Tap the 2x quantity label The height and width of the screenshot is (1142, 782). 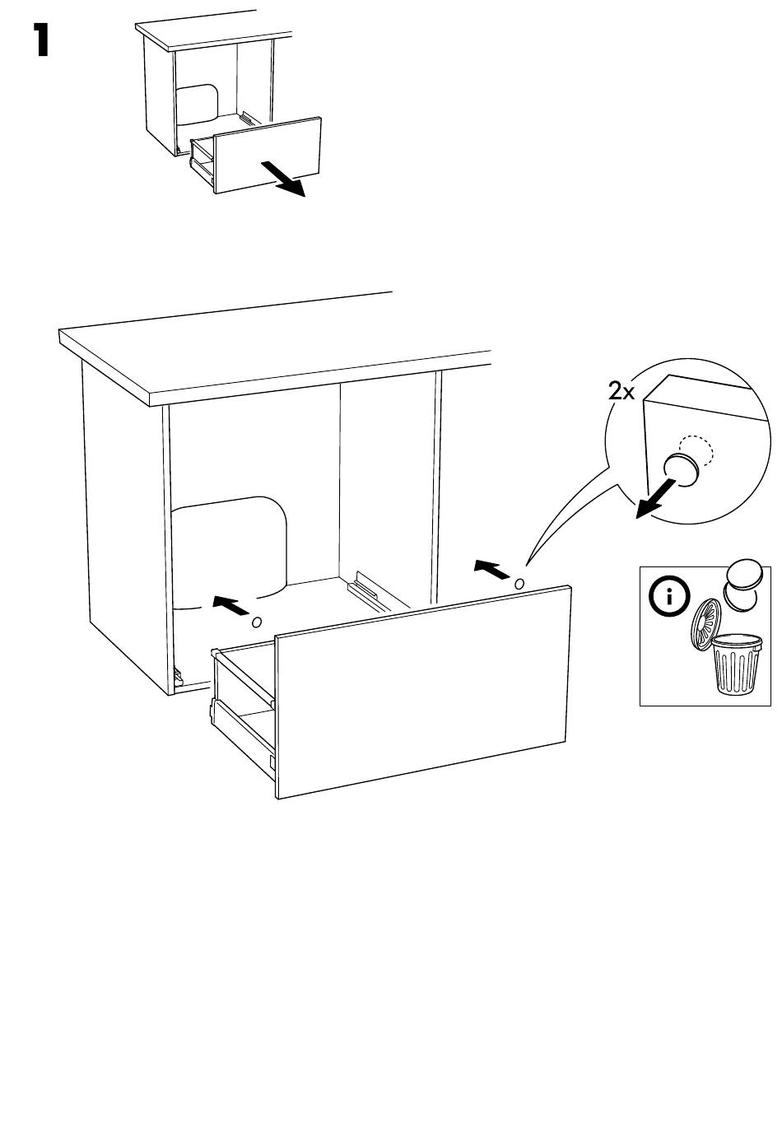(621, 391)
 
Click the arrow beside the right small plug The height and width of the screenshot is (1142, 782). (491, 569)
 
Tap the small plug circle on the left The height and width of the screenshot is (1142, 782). (256, 622)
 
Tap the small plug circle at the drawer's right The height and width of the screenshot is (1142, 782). (519, 583)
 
